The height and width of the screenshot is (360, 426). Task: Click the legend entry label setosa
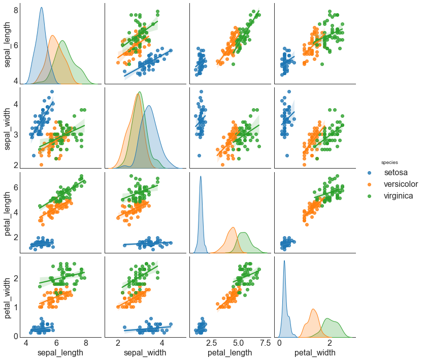tap(396, 173)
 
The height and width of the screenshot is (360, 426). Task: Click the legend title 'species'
tap(390, 162)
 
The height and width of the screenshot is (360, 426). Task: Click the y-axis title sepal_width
tap(8, 127)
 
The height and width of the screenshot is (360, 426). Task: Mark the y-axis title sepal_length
tap(8, 43)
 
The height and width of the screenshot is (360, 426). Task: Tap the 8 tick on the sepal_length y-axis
tap(16, 10)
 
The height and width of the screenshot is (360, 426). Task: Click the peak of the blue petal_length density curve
tap(201, 177)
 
